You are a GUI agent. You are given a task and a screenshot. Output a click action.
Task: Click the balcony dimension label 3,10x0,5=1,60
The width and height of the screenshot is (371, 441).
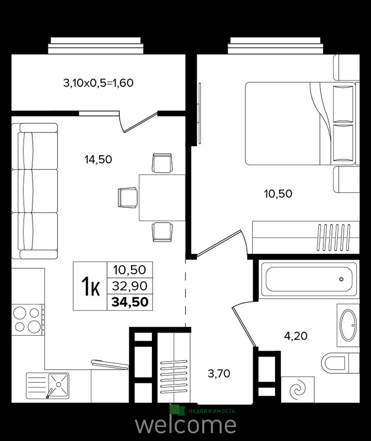point(98,83)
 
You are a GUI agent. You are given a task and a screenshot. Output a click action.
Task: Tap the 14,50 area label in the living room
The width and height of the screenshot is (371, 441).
point(98,160)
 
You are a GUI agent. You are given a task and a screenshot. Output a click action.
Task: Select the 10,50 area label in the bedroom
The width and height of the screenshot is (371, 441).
point(278,194)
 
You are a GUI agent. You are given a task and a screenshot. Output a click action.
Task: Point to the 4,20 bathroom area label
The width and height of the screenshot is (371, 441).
point(296,336)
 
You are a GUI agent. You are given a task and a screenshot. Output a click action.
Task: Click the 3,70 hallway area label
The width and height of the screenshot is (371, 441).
point(219,374)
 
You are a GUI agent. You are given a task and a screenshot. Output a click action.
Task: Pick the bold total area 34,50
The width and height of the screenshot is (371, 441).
point(130,302)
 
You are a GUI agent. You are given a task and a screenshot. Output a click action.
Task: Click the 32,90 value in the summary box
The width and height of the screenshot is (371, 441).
point(130,286)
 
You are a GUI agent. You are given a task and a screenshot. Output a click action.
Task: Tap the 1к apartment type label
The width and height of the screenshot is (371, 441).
point(90,286)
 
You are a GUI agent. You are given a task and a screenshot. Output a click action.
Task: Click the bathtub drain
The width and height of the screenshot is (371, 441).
point(341,279)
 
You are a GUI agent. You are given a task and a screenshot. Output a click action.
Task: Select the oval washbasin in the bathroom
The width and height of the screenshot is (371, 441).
point(348,325)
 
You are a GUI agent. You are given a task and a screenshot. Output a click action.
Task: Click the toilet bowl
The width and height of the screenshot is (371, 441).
point(334,363)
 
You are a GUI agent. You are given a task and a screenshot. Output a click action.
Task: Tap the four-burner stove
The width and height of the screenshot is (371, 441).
point(27,320)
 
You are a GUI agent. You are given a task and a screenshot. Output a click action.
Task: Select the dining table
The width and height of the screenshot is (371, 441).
point(162,197)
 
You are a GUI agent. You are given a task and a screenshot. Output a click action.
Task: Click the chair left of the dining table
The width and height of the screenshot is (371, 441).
point(128,198)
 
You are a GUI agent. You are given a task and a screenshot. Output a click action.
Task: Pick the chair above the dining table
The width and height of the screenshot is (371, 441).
point(162,163)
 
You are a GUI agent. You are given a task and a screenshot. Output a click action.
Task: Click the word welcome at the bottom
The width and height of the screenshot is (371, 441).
point(185,424)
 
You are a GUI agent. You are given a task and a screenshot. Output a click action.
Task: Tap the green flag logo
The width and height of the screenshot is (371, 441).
point(177,410)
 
